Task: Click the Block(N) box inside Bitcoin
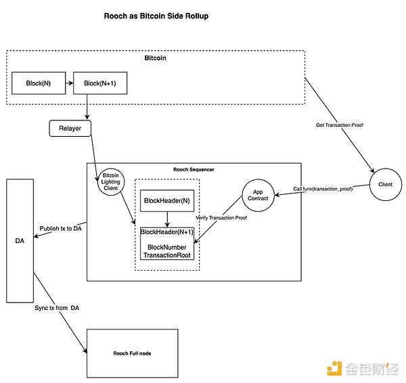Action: tap(38, 83)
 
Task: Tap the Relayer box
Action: tap(70, 127)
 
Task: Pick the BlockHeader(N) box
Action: tap(166, 200)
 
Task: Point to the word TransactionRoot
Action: tap(166, 256)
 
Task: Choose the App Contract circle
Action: tap(256, 195)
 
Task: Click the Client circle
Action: tap(385, 185)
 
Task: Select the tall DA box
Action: tap(20, 240)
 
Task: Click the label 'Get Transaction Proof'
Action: tap(340, 125)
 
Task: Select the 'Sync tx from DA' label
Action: tap(58, 309)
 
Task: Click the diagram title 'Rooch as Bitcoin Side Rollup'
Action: tap(156, 16)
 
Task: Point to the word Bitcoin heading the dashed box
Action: tap(156, 59)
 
